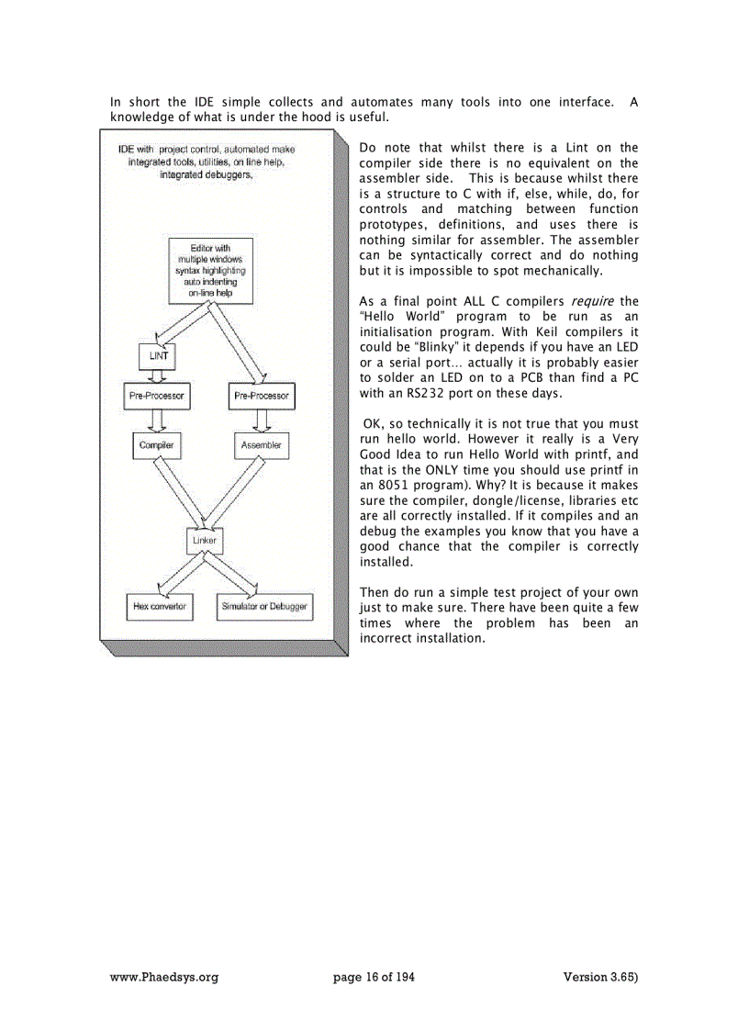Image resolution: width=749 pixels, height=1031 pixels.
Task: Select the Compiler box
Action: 156,445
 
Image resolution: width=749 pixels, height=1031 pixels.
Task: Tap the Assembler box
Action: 261,445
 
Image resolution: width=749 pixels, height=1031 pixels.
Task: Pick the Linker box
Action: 204,541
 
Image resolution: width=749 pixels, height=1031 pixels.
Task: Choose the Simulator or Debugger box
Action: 264,607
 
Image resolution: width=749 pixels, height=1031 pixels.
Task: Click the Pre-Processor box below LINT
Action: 156,397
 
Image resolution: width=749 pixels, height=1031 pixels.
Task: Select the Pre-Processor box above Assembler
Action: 261,397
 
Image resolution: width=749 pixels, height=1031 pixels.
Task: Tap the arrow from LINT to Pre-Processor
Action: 156,375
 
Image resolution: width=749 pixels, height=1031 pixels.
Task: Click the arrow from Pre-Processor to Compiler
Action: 156,420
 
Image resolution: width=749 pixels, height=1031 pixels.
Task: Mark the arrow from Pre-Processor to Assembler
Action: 261,420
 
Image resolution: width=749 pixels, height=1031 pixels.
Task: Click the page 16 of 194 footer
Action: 374,977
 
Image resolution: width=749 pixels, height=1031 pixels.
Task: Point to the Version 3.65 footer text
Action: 600,977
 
